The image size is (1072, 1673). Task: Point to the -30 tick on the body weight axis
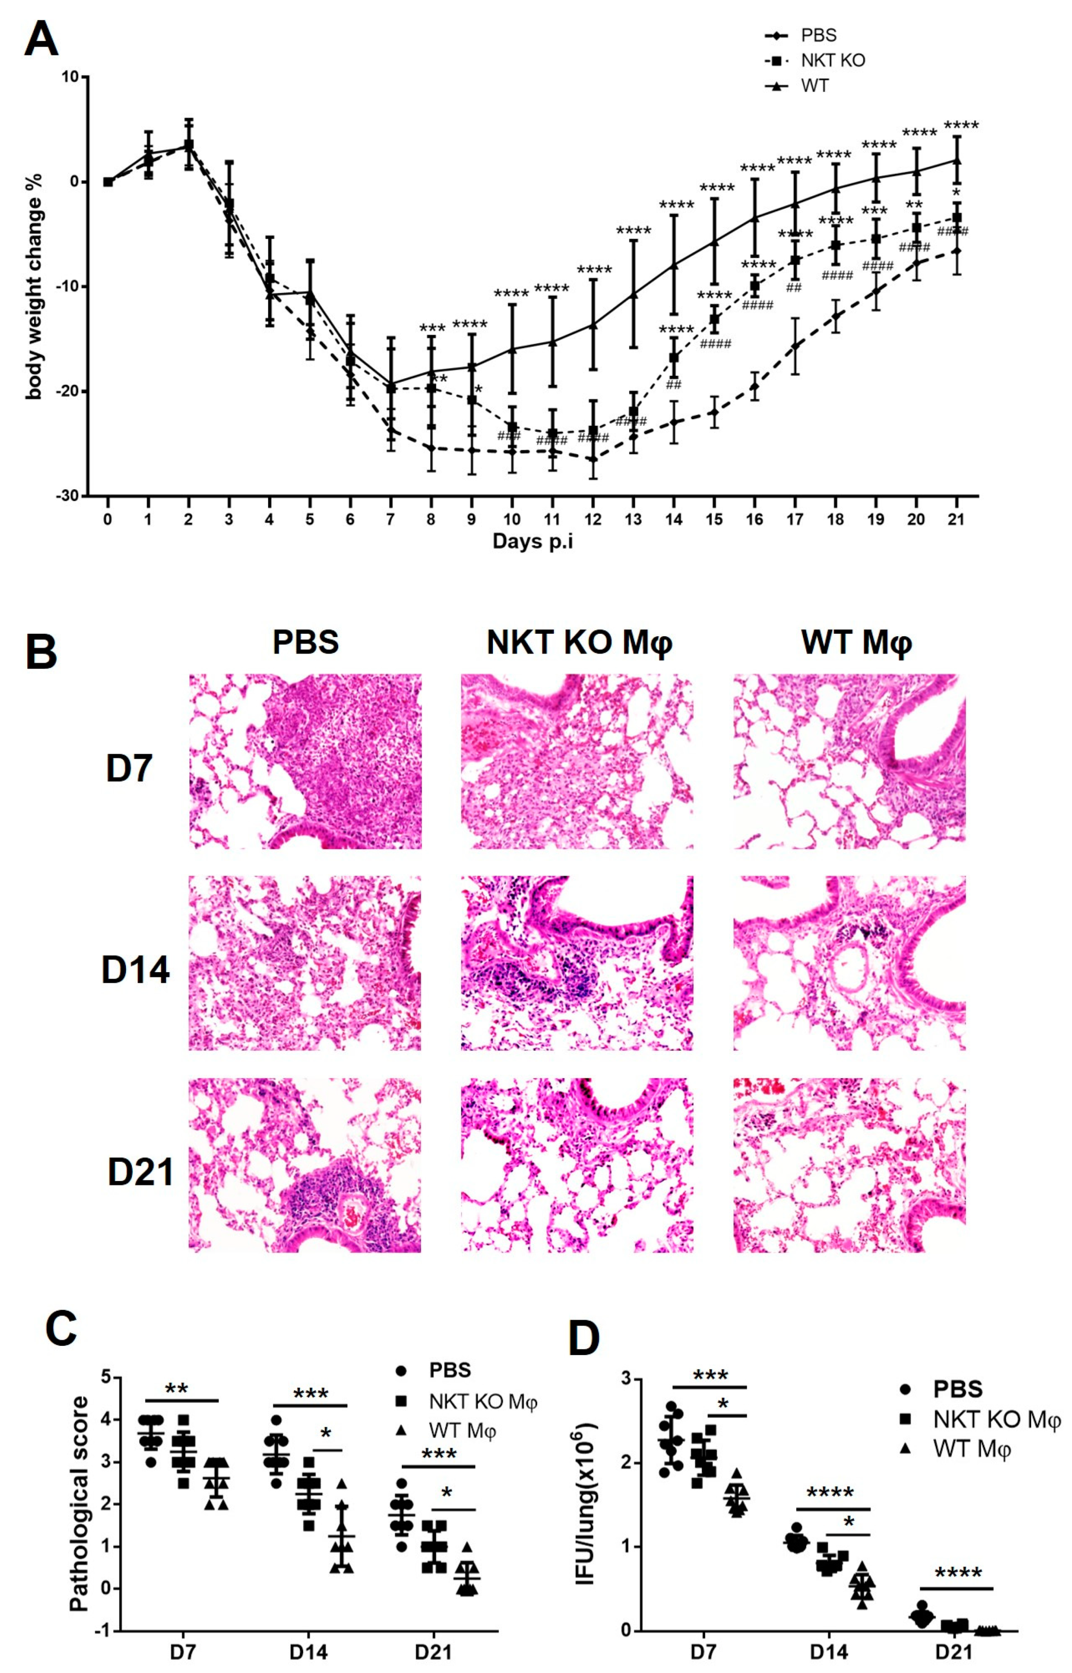70,496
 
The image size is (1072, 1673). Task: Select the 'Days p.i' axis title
532,541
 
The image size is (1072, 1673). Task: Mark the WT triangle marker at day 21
957,160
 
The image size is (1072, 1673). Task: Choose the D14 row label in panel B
135,970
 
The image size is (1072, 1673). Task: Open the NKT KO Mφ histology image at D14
576,963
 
